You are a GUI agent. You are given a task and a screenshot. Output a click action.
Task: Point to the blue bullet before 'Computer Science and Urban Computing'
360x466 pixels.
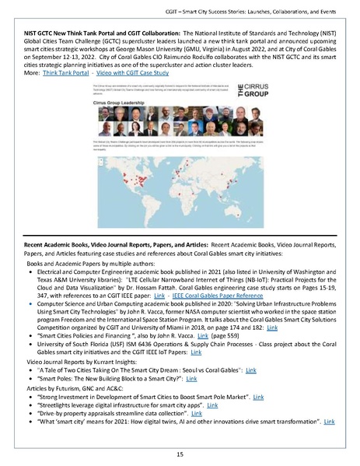30,312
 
